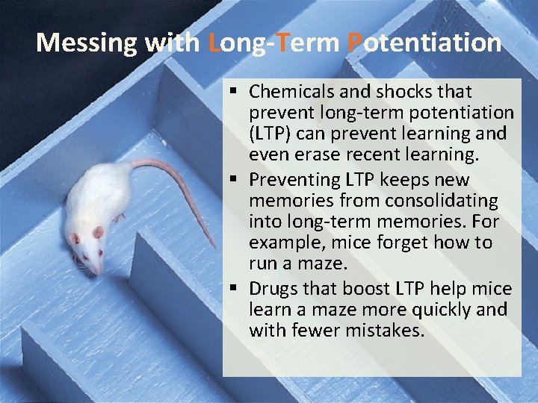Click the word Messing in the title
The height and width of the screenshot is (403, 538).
point(87,43)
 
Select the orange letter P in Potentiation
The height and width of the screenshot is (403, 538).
point(356,43)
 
